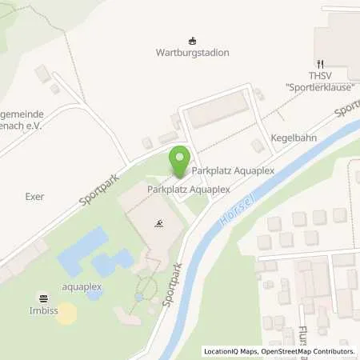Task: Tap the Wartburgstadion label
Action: coord(191,53)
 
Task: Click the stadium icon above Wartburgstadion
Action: coord(191,40)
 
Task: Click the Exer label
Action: coord(34,196)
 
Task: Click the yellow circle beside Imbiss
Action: coord(66,313)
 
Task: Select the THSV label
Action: coord(319,74)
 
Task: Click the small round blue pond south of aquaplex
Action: coord(94,294)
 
